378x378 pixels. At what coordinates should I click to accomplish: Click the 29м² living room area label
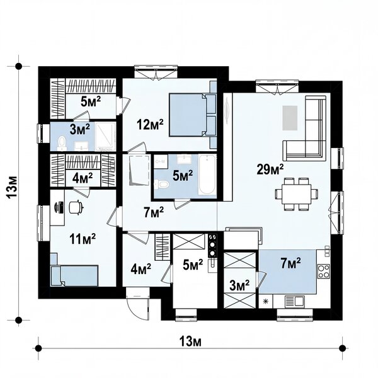click(270, 169)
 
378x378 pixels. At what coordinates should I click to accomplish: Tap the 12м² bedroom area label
click(150, 124)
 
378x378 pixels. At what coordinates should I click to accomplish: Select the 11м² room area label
click(83, 239)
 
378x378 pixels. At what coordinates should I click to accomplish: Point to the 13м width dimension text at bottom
click(190, 341)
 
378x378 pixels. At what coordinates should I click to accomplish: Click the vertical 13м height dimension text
click(12, 187)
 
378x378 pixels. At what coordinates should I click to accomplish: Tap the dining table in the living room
click(297, 194)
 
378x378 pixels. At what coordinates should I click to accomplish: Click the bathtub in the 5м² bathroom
click(207, 175)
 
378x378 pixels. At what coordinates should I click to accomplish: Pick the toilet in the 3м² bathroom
click(62, 142)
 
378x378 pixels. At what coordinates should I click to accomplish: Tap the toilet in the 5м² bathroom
click(162, 185)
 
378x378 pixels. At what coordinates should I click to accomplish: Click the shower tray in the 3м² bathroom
click(105, 136)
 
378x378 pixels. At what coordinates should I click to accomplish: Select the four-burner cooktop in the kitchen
click(324, 271)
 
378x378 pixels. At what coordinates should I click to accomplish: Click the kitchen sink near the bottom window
click(295, 301)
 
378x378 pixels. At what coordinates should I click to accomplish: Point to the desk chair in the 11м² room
click(76, 207)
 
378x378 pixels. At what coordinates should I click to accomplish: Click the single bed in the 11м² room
click(74, 276)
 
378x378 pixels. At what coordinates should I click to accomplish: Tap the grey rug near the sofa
click(290, 118)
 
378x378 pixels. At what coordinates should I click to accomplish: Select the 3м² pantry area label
click(239, 285)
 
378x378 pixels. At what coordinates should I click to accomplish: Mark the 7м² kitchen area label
click(290, 263)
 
